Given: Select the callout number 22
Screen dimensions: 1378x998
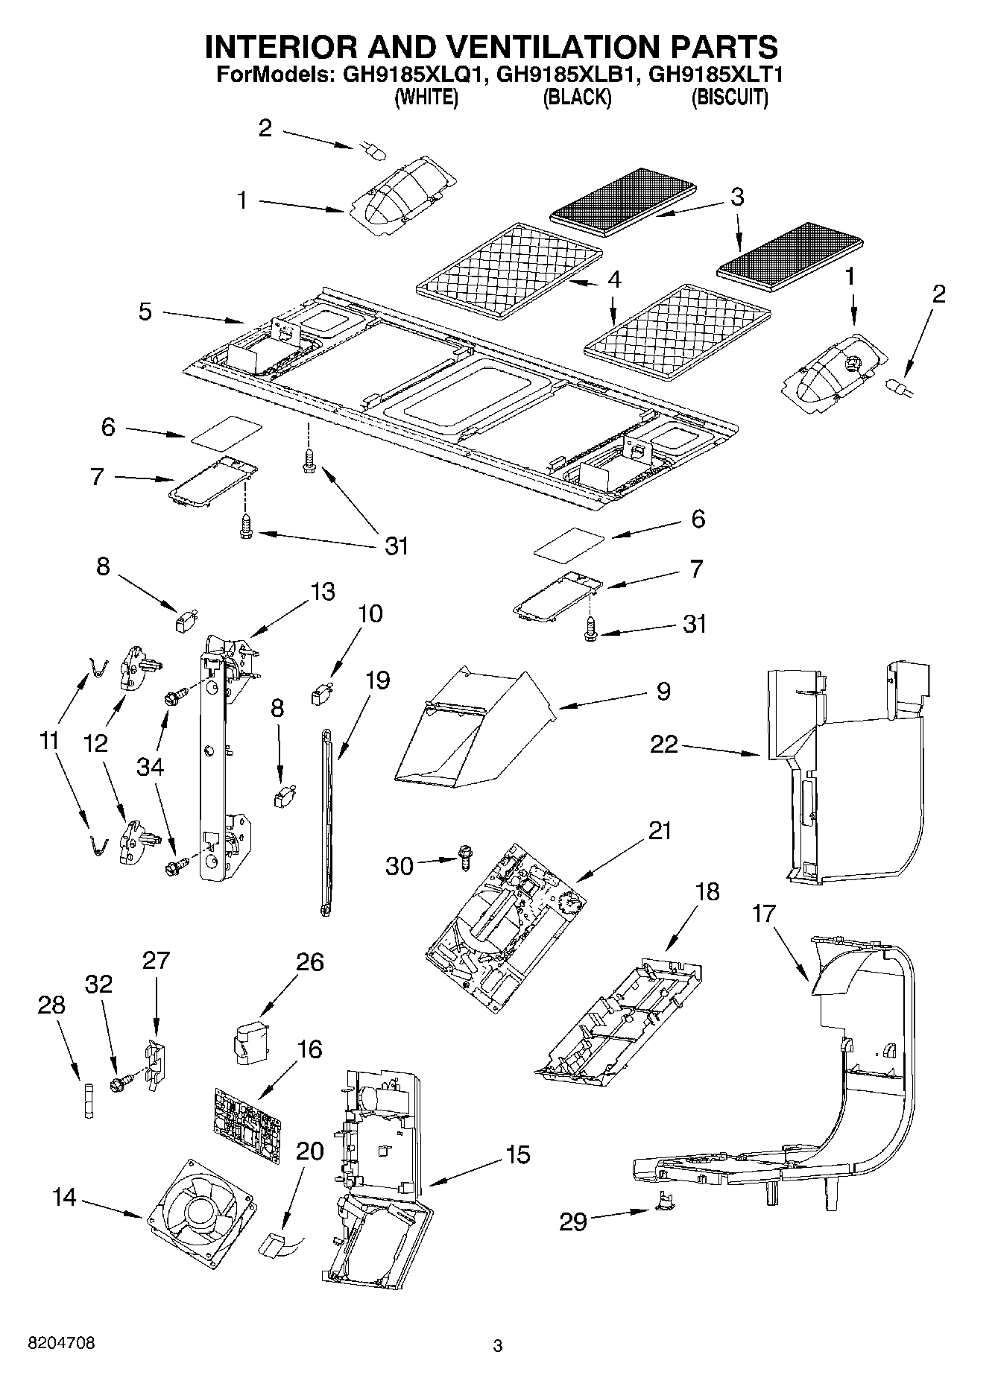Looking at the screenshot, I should coord(664,744).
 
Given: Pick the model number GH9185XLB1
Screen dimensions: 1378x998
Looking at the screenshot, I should coord(564,75).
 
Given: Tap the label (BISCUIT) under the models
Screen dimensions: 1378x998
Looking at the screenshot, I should coord(729,97).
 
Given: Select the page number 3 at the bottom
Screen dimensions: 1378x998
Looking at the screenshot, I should coord(498,1346).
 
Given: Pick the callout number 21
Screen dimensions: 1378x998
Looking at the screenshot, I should coord(659,830).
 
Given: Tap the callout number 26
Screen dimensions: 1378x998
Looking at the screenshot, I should coord(309,961).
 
